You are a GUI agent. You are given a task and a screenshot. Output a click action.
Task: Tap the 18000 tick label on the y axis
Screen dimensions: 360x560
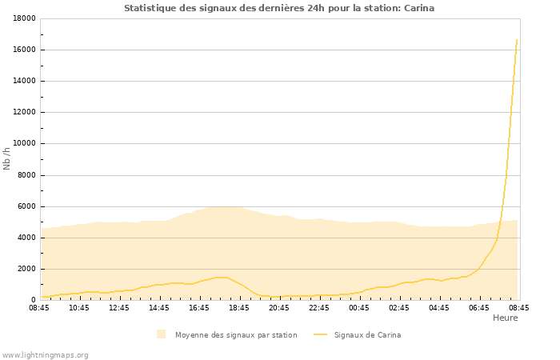[22, 18]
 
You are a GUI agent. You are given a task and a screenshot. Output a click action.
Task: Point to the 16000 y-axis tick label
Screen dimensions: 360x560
[22, 50]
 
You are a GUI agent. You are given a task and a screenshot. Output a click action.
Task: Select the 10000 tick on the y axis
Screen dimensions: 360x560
[22, 144]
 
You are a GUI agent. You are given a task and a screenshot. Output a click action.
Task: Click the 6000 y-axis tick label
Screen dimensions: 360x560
[25, 206]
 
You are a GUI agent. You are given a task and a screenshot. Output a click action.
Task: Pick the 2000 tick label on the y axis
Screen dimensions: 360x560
[25, 269]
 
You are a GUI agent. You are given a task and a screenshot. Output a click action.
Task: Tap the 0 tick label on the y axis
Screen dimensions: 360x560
[33, 300]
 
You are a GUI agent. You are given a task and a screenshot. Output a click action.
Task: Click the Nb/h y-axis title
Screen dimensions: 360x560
[7, 159]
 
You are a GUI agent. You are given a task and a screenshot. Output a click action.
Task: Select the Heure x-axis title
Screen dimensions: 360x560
[505, 318]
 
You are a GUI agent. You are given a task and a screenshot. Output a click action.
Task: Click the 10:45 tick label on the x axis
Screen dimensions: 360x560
[79, 307]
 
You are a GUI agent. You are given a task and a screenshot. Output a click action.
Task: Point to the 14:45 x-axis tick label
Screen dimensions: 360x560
[159, 307]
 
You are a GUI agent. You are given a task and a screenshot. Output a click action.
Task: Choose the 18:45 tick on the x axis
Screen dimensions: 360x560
[239, 307]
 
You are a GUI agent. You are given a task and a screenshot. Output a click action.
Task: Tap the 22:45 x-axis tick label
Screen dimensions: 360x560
[319, 307]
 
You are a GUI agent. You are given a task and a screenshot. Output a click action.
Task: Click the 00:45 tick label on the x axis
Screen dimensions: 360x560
[359, 307]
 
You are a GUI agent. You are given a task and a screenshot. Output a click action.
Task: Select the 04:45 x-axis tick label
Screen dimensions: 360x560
[439, 307]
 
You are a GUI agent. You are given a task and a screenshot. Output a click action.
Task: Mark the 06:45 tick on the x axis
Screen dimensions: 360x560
[479, 307]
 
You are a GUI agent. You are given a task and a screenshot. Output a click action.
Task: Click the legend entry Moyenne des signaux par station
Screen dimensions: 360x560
[236, 335]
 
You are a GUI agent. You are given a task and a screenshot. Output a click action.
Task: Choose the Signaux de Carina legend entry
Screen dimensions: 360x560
[367, 335]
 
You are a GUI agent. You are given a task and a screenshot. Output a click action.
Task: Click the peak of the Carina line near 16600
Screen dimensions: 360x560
[517, 39]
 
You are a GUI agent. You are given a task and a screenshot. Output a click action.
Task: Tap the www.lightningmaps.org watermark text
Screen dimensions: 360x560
[46, 354]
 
